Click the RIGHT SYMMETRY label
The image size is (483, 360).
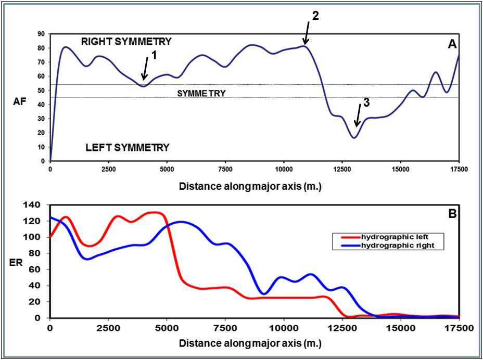126,41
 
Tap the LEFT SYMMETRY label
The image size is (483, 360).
127,148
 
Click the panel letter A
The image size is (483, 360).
452,45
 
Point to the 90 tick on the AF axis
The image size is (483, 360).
41,34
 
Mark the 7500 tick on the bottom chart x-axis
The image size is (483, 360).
224,328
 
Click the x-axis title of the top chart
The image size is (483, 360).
250,185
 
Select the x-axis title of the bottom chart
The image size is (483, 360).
250,344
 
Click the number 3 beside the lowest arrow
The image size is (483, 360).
366,103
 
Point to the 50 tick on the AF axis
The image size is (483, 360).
41,91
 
